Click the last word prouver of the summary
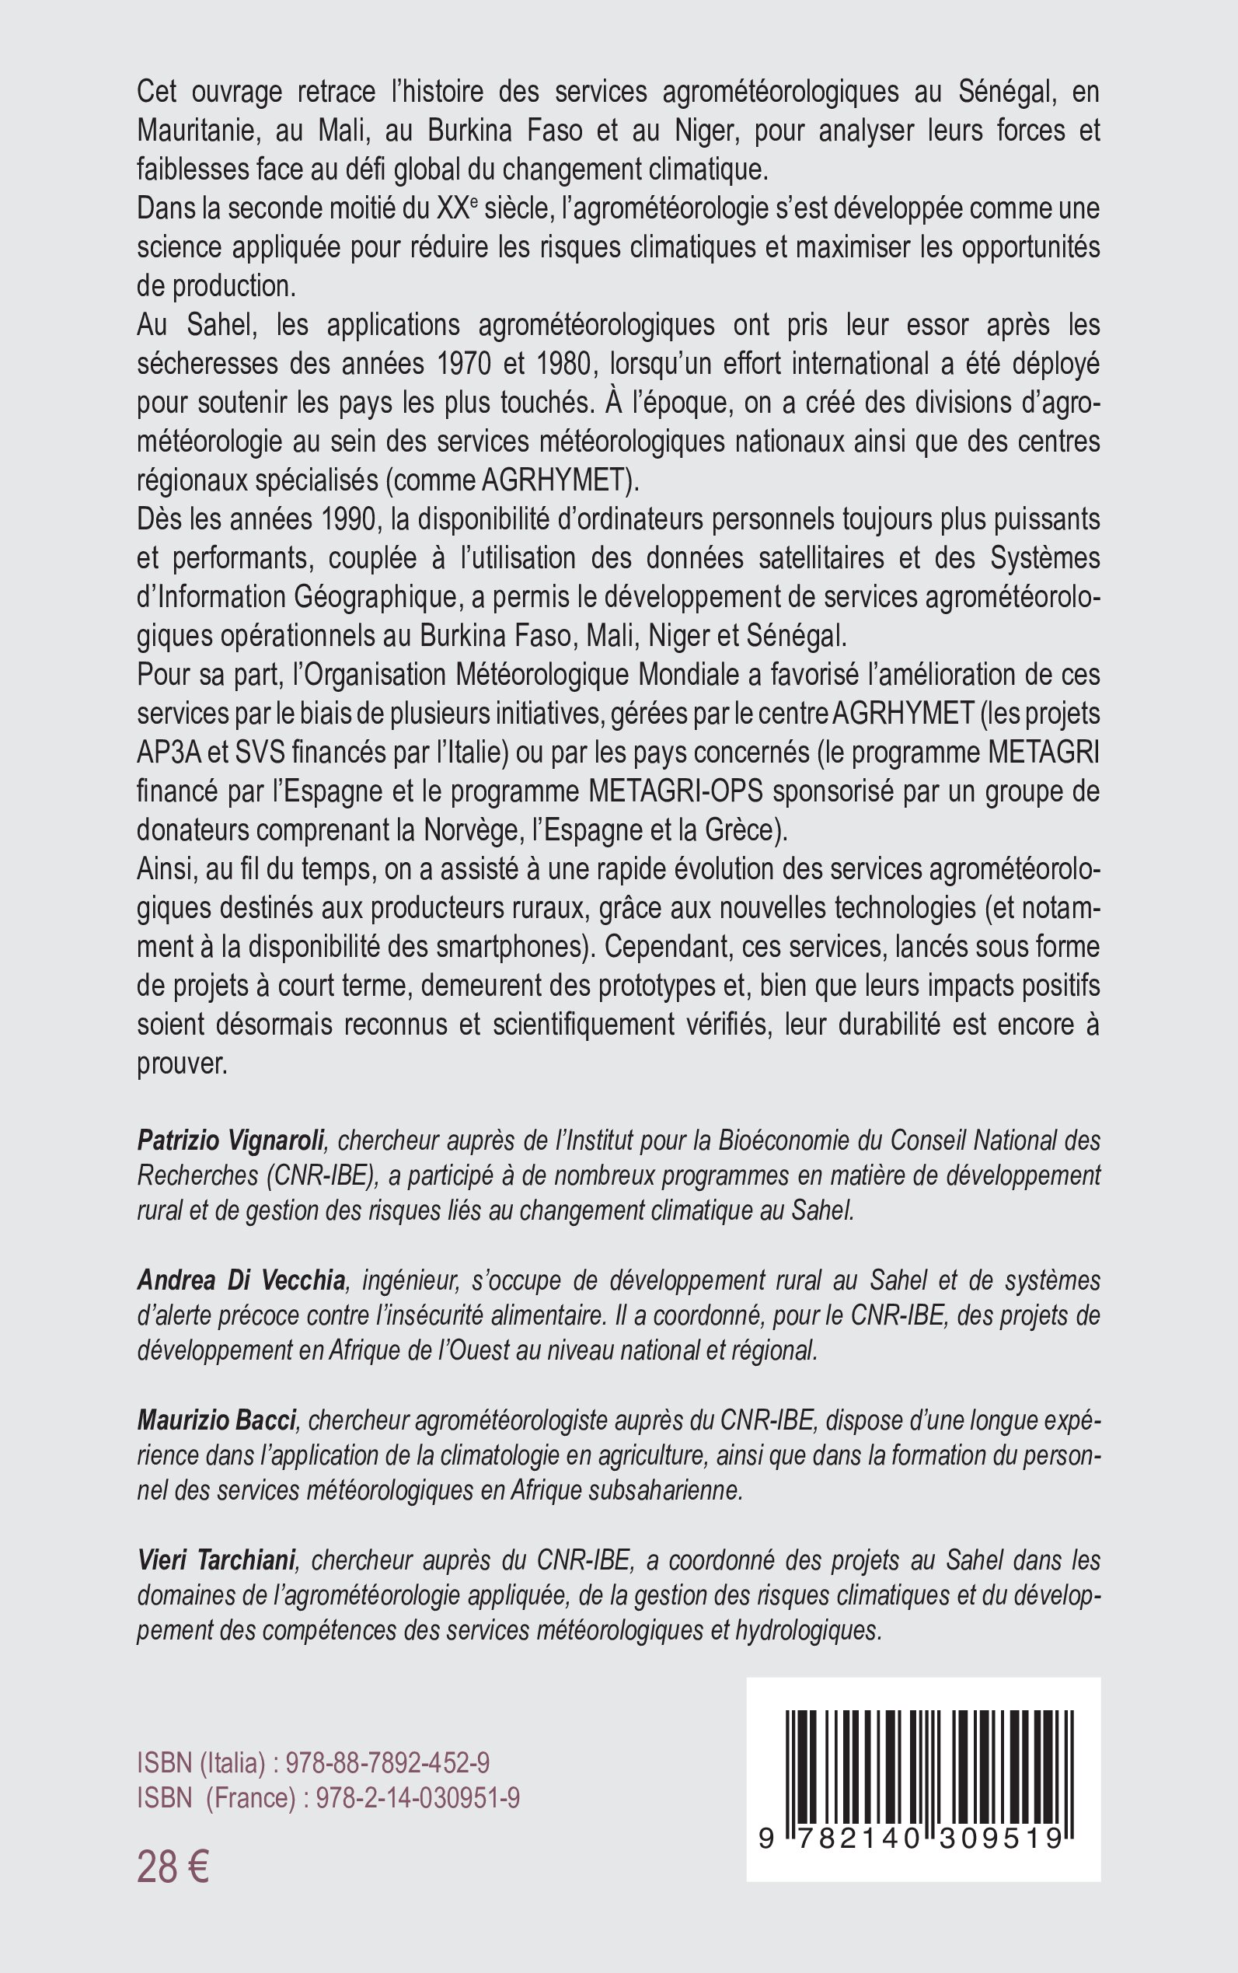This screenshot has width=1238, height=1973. (181, 1064)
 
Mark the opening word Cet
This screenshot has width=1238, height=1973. (157, 92)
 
